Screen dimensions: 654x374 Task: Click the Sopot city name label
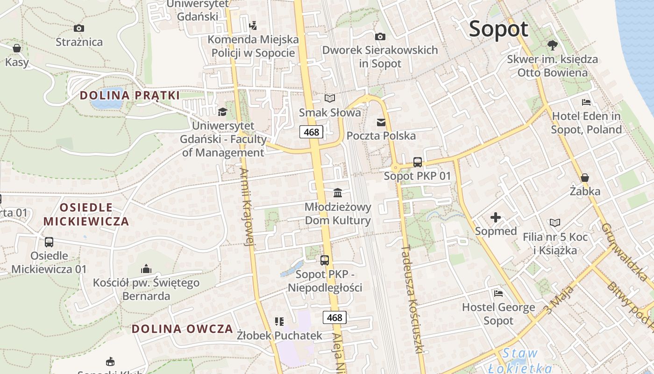coord(498,29)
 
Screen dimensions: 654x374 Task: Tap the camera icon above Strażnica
coord(78,29)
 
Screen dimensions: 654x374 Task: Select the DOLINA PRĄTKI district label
coord(129,95)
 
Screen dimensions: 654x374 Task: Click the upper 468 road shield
coord(311,132)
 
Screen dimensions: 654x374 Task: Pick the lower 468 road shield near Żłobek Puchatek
coord(334,318)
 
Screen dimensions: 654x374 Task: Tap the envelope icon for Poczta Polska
coord(381,122)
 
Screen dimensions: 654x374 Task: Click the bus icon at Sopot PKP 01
coord(418,162)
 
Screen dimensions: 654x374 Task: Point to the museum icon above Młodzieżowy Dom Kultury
coord(337,193)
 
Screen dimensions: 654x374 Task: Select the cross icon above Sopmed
coord(496,217)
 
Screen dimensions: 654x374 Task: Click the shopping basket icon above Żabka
coord(584,178)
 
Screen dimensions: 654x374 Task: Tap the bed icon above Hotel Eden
coord(586,102)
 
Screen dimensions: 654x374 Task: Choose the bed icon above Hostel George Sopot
coord(498,294)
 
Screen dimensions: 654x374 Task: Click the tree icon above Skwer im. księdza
coord(552,45)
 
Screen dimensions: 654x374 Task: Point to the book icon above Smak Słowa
coord(330,99)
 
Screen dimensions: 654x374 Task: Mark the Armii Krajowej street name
coord(247,206)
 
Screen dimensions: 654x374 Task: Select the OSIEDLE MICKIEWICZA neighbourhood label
coord(86,214)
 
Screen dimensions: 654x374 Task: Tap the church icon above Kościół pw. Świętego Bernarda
coord(146,269)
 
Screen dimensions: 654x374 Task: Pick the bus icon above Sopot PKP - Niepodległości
coord(325,260)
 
